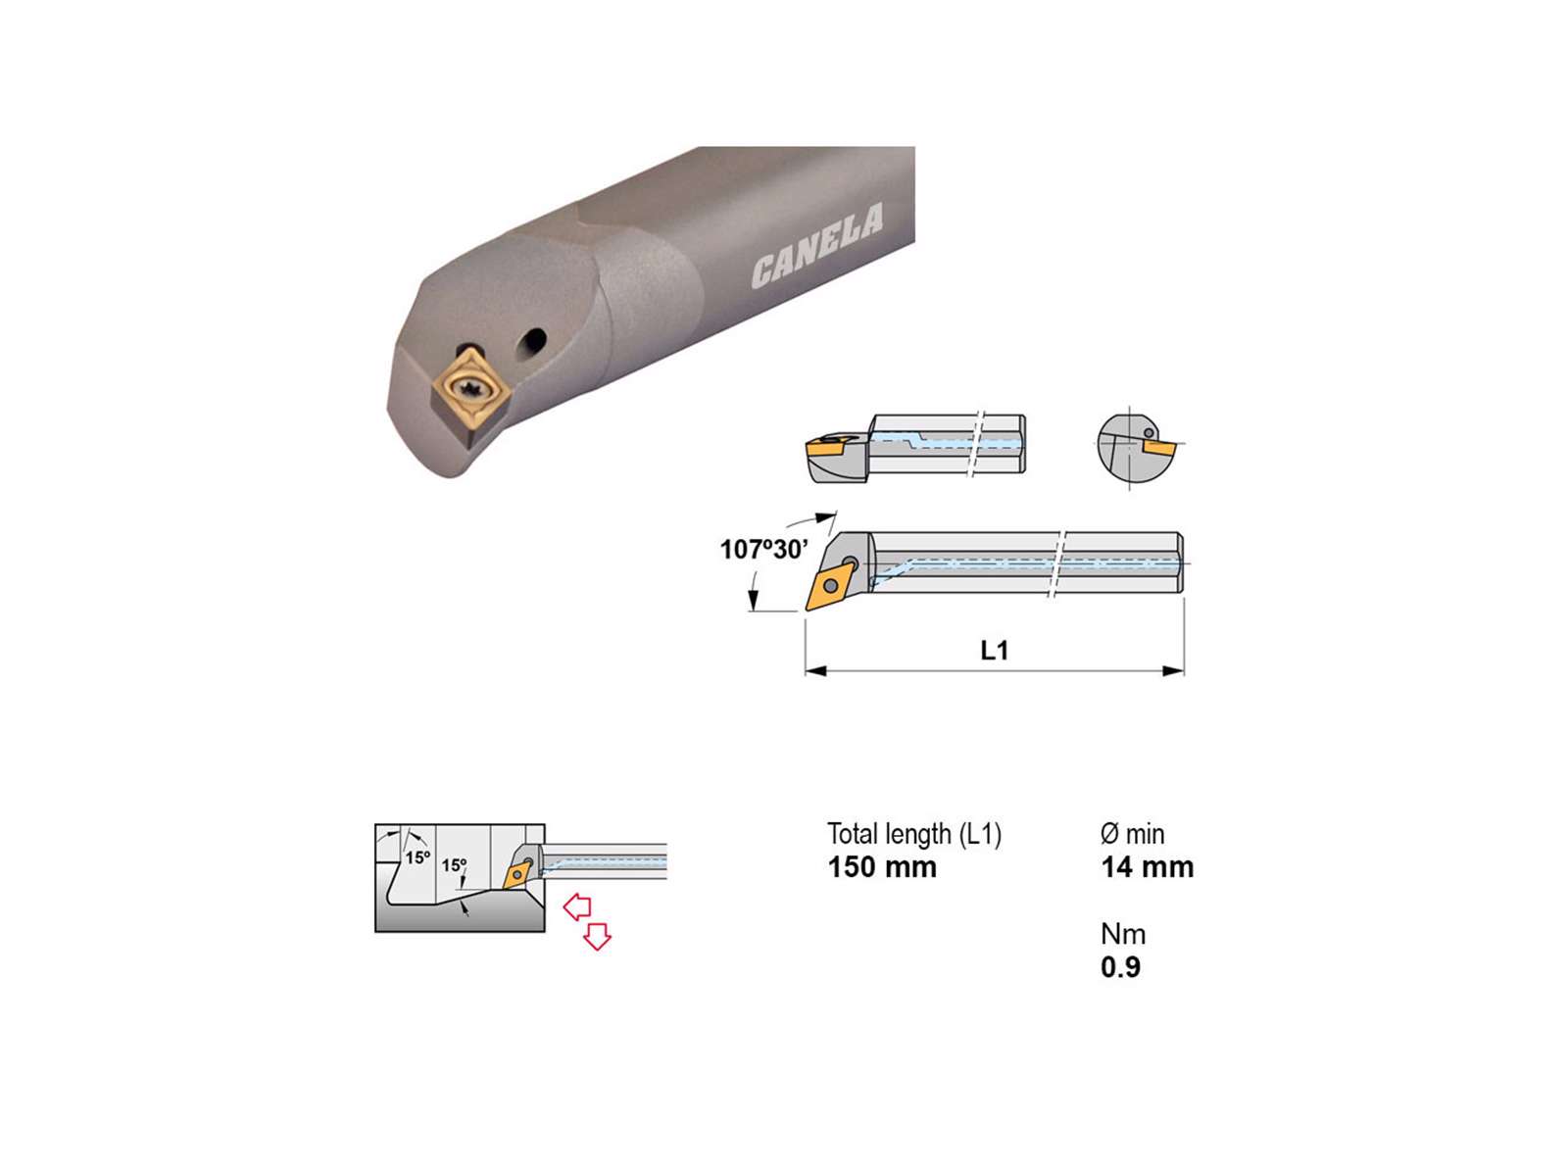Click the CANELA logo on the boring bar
tap(817, 246)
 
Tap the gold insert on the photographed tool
tap(470, 391)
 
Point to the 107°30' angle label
tap(763, 549)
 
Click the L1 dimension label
tap(994, 650)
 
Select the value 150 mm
tap(881, 867)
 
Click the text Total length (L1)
tap(914, 834)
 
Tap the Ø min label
tap(1132, 833)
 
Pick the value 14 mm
tap(1148, 867)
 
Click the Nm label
tap(1123, 934)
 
